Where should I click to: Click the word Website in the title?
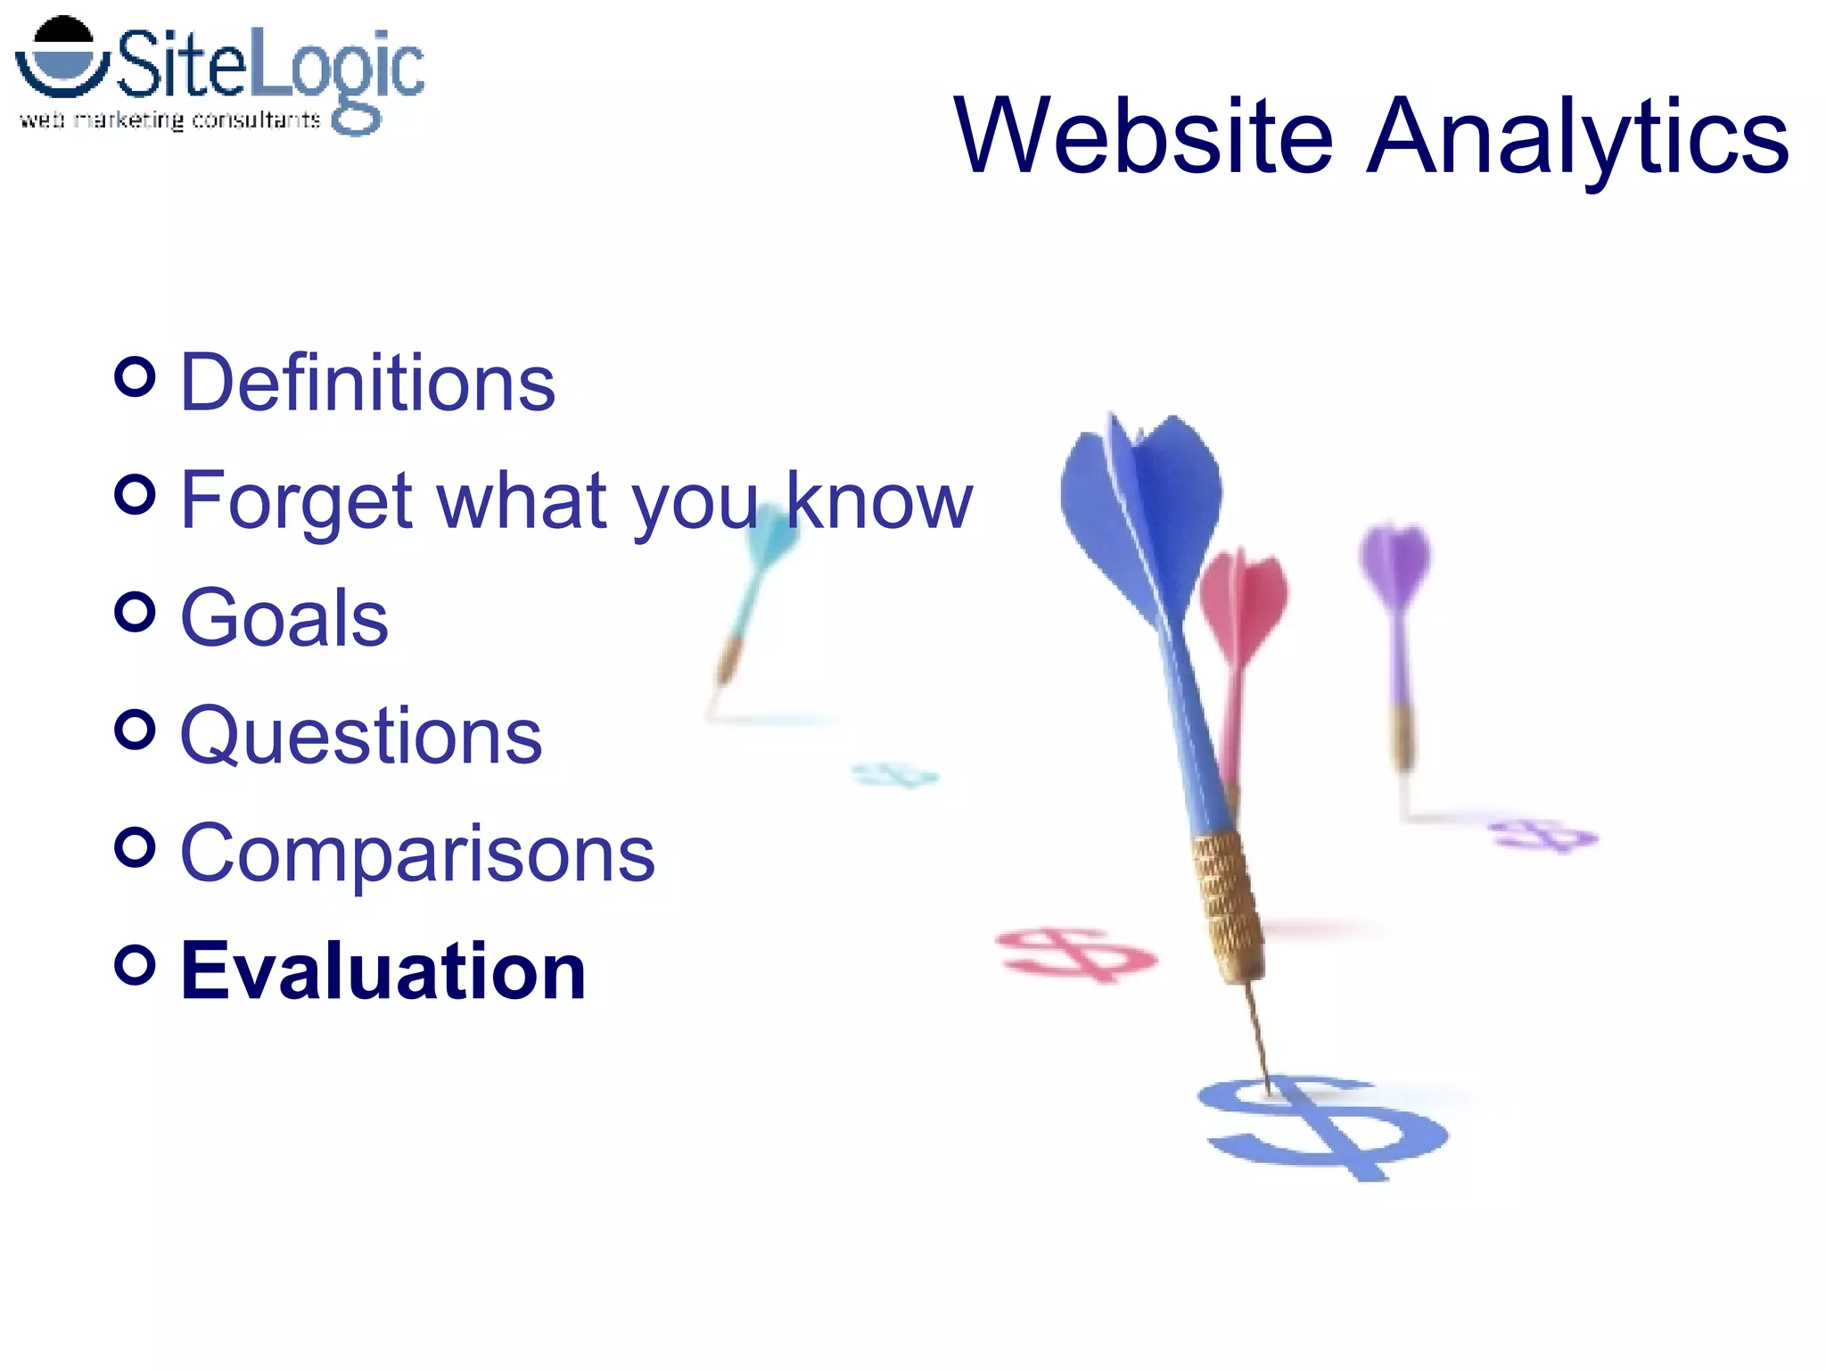point(1143,136)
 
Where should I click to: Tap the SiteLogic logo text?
point(267,64)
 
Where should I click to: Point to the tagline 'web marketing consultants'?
point(169,120)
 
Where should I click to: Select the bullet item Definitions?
point(367,383)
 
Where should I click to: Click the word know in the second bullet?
point(878,501)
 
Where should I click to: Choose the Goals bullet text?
point(284,617)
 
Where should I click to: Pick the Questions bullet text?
point(360,736)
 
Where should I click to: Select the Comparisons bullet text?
point(417,854)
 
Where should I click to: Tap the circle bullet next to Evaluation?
point(135,964)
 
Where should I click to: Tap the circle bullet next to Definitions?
point(135,376)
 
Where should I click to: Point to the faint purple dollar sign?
point(1542,836)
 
